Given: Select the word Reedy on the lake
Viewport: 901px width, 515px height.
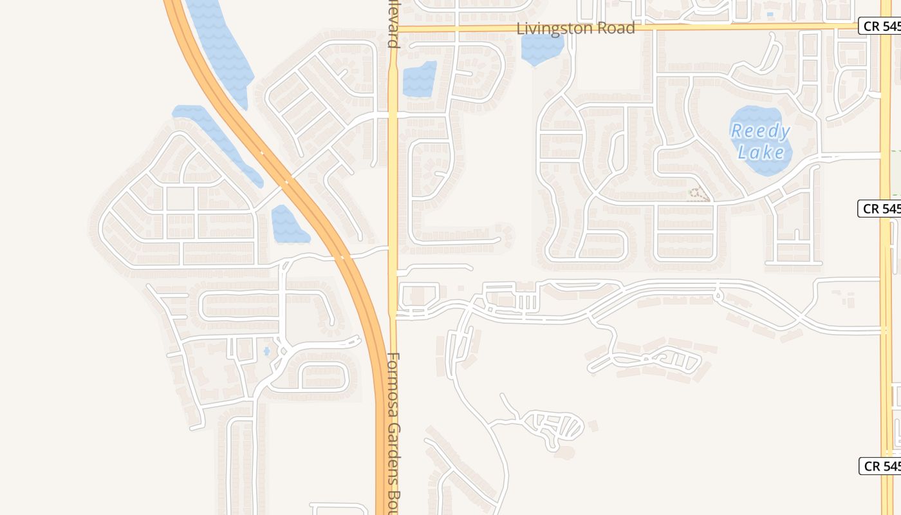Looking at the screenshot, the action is [x=760, y=131].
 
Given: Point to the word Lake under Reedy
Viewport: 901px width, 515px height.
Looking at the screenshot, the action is [x=761, y=153].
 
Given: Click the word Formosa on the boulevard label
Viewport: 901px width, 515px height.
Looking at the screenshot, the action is [x=395, y=385].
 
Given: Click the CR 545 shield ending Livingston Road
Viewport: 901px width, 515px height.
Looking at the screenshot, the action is [x=879, y=26].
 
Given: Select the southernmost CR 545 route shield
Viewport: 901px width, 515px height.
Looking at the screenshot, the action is [x=880, y=466].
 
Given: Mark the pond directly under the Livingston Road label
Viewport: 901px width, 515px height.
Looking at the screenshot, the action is [x=542, y=49].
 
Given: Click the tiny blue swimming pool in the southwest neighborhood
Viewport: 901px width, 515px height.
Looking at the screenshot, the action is [x=266, y=351].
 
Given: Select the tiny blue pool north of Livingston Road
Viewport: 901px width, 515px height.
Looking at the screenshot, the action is [x=770, y=14].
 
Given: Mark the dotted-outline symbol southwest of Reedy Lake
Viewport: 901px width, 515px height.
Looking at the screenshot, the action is [x=698, y=194].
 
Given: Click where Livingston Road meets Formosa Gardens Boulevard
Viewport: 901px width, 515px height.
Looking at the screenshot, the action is [x=393, y=29].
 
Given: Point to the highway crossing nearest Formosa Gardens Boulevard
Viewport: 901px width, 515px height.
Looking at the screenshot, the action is [x=342, y=257].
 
